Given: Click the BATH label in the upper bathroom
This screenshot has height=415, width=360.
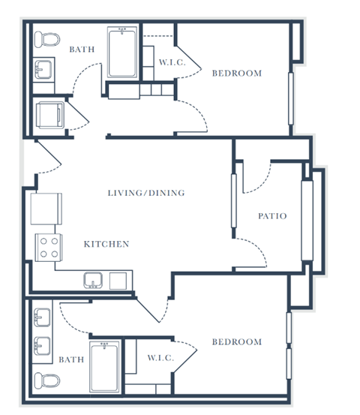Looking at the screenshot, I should [x=82, y=50].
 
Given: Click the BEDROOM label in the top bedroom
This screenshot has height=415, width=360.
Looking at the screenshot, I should [x=236, y=73].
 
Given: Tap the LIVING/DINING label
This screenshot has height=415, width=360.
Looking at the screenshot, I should [x=145, y=193].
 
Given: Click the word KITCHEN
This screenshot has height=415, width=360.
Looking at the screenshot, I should [x=106, y=244].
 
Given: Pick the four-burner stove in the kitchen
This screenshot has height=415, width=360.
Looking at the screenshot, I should [x=49, y=248].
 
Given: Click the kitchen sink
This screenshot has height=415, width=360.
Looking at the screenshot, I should [x=94, y=281].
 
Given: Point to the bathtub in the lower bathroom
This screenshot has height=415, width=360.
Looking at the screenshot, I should [x=104, y=366].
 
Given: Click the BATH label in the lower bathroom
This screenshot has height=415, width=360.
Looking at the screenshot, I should [x=71, y=359].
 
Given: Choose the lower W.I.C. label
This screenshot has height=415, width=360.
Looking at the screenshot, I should [x=160, y=358].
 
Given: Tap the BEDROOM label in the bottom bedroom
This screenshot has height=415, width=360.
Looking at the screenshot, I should [x=236, y=342].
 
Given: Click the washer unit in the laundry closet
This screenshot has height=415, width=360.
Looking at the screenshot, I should [x=52, y=115].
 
